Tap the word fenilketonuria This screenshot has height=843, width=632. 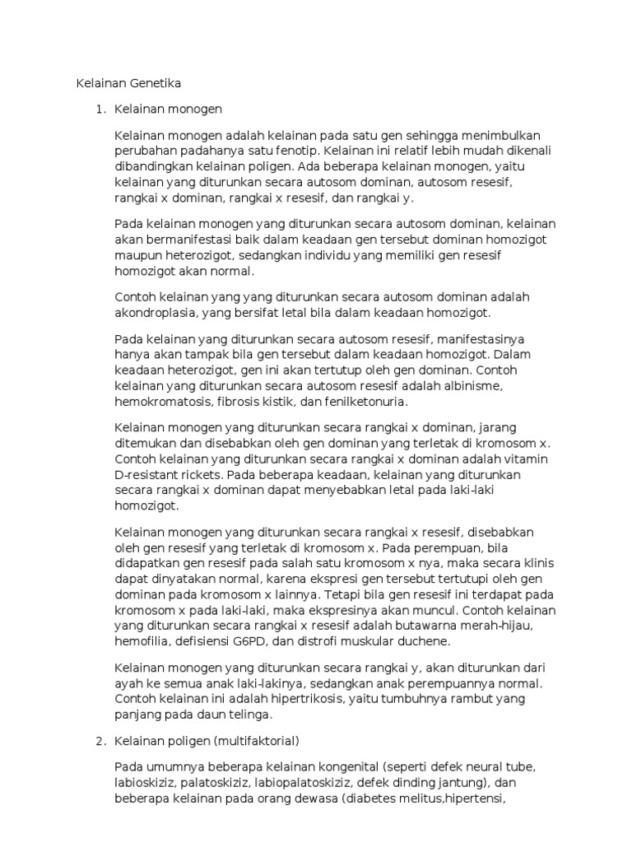(366, 402)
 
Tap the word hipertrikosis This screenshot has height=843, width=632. (305, 699)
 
